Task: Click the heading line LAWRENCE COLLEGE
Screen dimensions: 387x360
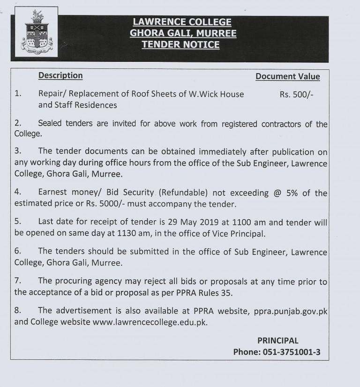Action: coord(182,22)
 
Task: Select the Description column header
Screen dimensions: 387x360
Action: coord(60,75)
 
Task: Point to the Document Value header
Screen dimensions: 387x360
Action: coord(288,76)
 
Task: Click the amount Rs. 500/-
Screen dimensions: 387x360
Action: coord(297,94)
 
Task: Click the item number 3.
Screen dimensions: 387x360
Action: coord(18,152)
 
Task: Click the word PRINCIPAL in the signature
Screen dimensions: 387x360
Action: coord(278,341)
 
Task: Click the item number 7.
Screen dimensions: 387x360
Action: coord(18,283)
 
